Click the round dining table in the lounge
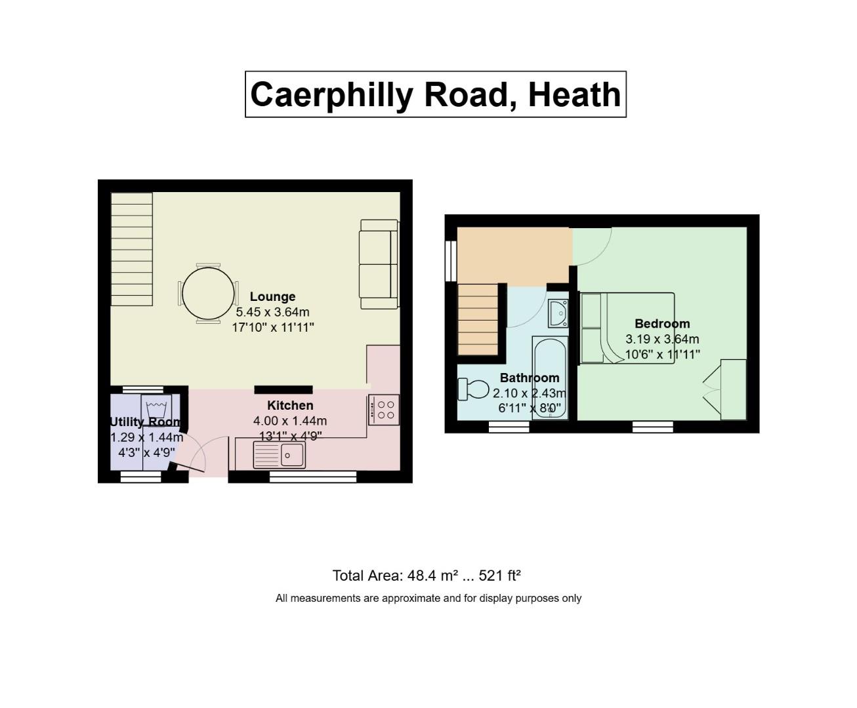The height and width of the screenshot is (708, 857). point(208,294)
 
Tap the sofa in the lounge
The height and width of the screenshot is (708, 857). point(379,264)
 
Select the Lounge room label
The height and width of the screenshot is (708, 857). point(272,296)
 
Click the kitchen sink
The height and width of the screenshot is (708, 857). point(279,455)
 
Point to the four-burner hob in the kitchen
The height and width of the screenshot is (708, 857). point(384,410)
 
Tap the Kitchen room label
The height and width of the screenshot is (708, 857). point(290,405)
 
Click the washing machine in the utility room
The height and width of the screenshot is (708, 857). point(156,410)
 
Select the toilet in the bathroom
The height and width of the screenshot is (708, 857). point(473,389)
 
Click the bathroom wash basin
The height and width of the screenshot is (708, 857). point(558,313)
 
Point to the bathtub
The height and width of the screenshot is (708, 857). point(550,378)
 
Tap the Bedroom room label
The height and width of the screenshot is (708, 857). point(662,323)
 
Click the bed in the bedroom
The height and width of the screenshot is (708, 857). point(627,328)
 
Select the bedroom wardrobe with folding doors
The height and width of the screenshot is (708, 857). point(725,389)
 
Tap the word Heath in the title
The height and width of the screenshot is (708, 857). point(575,94)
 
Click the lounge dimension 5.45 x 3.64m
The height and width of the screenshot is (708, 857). point(272,312)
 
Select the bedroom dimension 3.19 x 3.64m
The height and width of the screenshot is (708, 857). point(662,339)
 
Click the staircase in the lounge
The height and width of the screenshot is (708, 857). point(132,249)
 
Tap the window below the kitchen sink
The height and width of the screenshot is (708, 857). point(313,477)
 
